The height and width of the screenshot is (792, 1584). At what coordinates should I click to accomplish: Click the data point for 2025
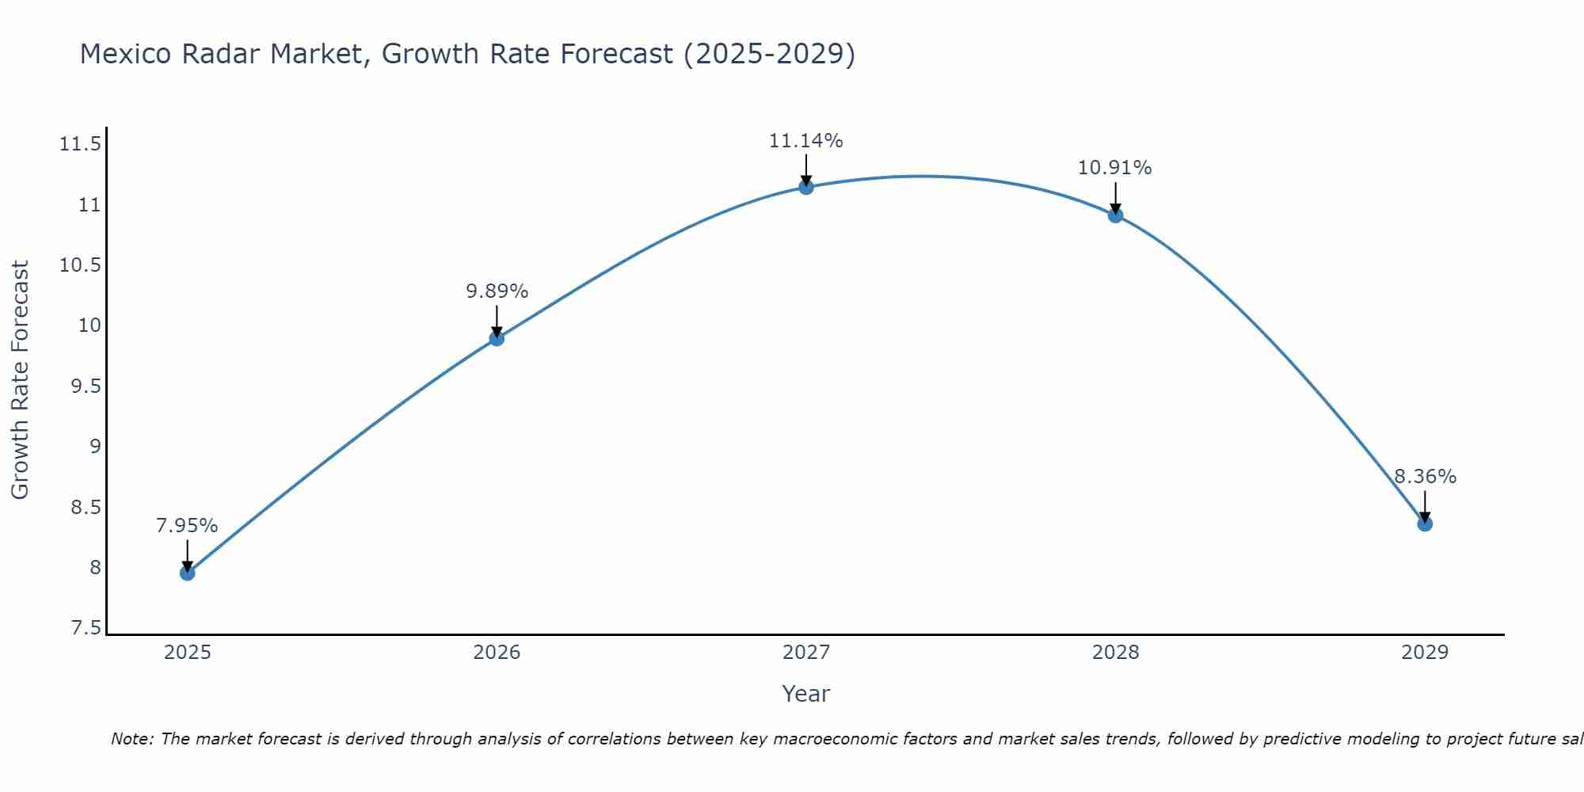click(188, 573)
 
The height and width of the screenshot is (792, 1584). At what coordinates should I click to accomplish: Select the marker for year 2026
click(497, 338)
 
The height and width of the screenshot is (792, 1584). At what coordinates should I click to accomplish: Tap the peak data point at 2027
click(806, 187)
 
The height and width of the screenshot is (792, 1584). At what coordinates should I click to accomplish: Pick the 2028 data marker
click(1115, 215)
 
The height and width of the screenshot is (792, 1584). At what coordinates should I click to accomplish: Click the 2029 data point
click(1425, 524)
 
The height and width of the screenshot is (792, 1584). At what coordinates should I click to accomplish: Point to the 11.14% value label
click(805, 141)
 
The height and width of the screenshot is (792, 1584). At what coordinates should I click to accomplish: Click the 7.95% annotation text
click(187, 526)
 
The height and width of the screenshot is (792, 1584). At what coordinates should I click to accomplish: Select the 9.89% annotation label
click(497, 291)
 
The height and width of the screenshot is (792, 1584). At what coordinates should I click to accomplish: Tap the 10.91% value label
click(1114, 168)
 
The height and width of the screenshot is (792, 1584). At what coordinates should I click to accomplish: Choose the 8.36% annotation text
click(1425, 477)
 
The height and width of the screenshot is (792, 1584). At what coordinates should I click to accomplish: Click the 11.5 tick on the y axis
click(80, 144)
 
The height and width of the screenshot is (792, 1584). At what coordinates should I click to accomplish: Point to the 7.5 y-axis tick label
click(86, 628)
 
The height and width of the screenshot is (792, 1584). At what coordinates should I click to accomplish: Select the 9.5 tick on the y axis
click(86, 386)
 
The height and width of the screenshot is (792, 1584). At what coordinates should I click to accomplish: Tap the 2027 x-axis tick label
click(806, 653)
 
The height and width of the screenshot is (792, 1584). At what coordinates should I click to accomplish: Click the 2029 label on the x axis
click(1425, 653)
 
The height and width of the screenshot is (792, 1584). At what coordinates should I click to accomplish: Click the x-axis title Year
click(805, 694)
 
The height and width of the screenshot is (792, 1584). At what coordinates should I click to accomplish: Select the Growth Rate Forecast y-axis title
click(20, 379)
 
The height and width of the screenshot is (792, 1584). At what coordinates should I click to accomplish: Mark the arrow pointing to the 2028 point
click(1115, 196)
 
